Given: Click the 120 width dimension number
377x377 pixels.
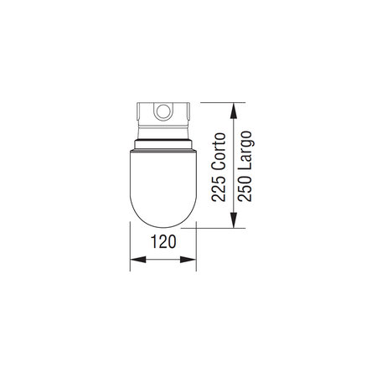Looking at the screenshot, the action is tap(163, 242).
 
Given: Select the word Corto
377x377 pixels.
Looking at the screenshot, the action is tap(219, 152).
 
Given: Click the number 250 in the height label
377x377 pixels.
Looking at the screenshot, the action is tap(245, 188).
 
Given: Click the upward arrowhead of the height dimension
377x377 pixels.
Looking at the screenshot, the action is tap(234, 111).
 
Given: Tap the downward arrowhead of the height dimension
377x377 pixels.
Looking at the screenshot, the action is tap(234, 220).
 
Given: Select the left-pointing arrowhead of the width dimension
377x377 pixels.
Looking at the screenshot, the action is tap(138, 260).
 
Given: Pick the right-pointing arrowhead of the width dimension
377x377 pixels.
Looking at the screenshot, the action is tap(188, 260).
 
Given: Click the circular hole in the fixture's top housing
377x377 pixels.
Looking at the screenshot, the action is tap(163, 111).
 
